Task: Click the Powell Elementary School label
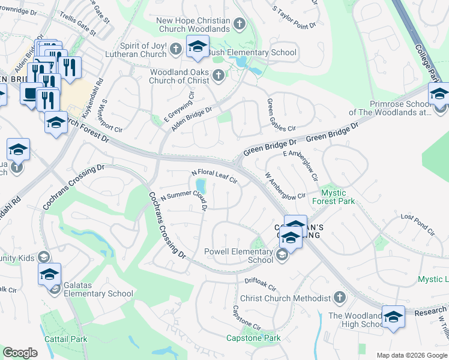[x=239, y=256]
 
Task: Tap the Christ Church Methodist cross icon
[x=339, y=298]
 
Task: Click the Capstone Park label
[x=253, y=338]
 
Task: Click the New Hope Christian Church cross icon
[x=240, y=25]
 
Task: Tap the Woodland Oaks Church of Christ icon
[x=218, y=76]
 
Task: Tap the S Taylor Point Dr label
[x=294, y=18]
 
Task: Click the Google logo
[x=20, y=353]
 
